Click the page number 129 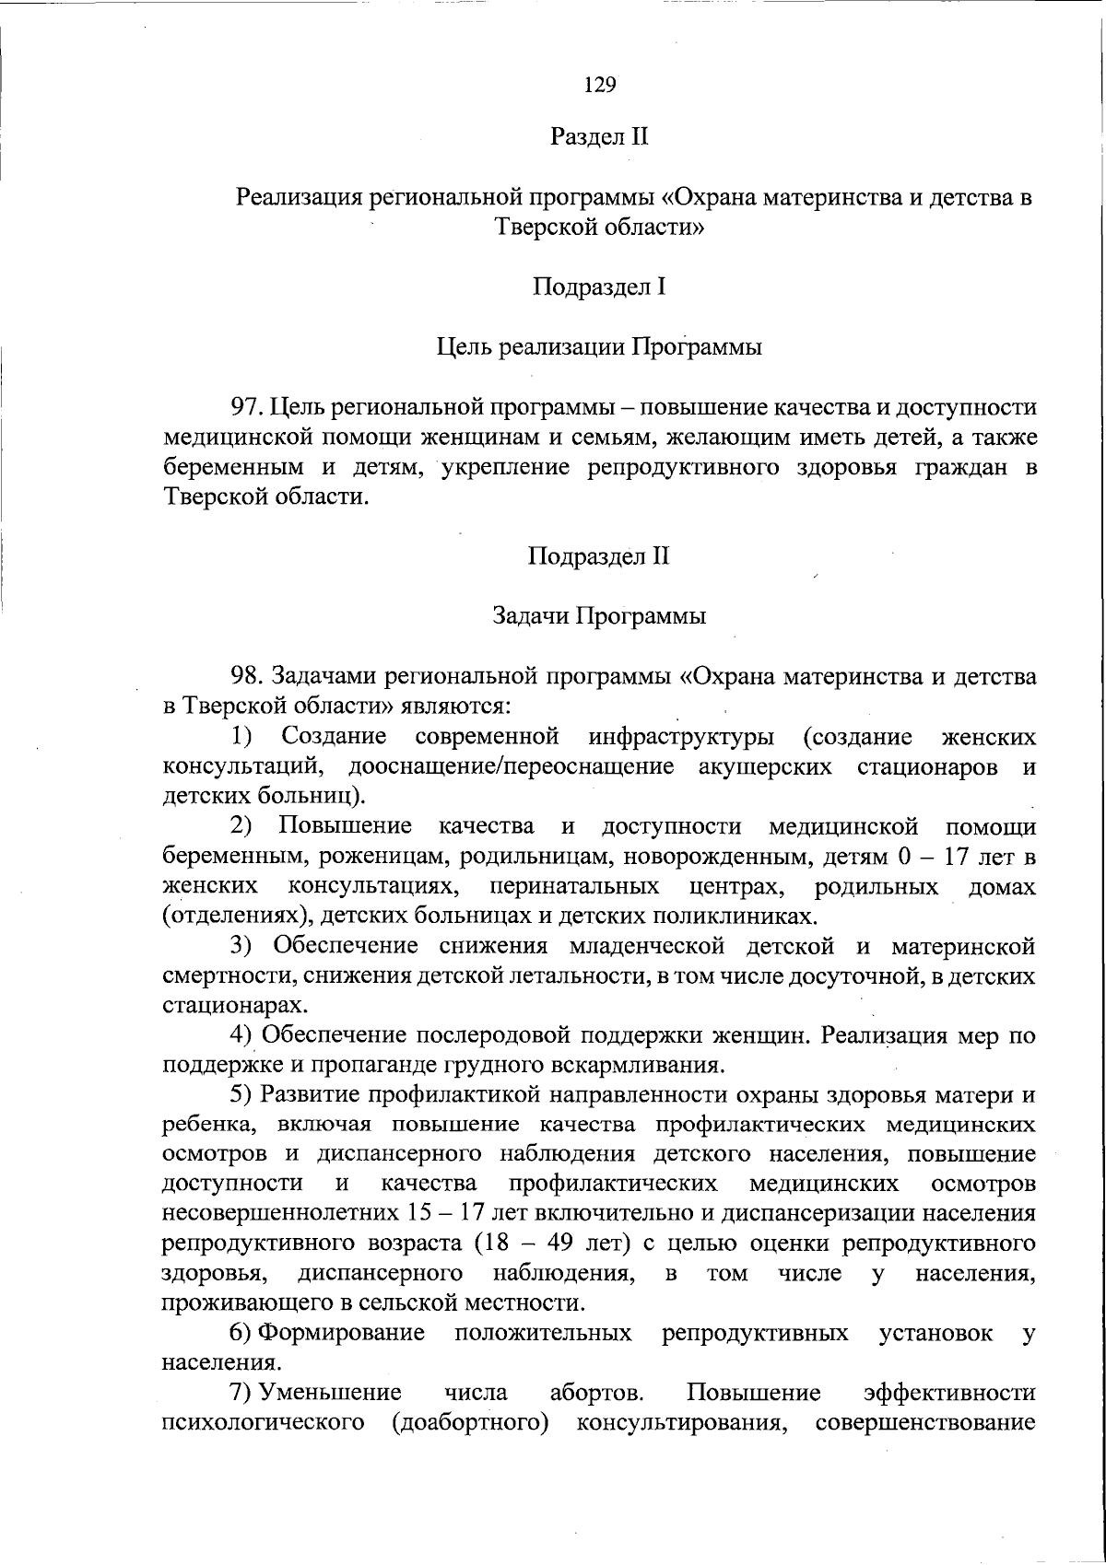(599, 85)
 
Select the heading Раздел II (599, 137)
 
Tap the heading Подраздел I (599, 287)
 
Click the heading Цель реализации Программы (599, 347)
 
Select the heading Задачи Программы (599, 616)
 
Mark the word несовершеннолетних (268, 1213)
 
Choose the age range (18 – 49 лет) (552, 1243)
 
